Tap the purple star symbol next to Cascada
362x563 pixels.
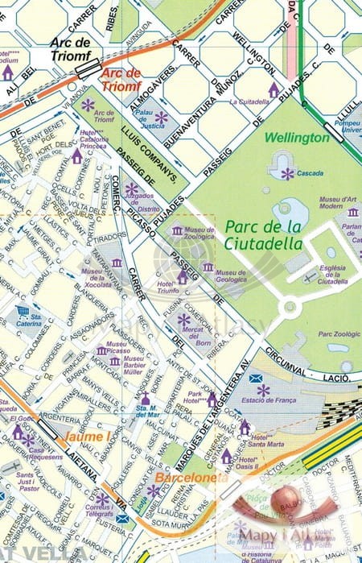(287, 173)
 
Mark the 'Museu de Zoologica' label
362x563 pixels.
(199, 233)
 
